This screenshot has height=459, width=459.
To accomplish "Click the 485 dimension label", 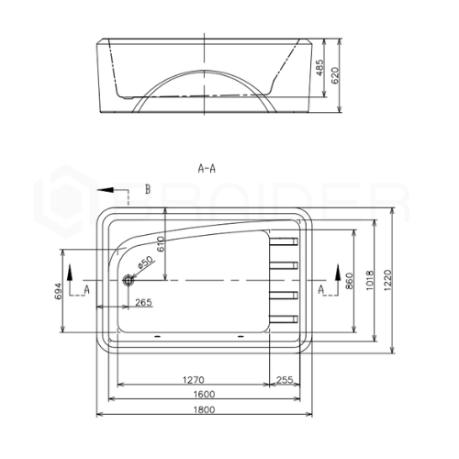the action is pos(319,68).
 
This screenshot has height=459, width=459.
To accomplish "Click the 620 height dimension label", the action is pos(335,75).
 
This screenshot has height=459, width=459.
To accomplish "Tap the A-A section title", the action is pos(207,168).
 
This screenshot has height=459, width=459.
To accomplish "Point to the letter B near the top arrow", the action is pos(148,189).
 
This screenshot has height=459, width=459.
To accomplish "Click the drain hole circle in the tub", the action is pos(129,280).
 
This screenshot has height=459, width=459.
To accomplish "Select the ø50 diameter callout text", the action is pos(145,263).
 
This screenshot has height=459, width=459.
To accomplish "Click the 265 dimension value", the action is pos(143,302).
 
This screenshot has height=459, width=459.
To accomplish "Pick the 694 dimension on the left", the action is pos(58,291).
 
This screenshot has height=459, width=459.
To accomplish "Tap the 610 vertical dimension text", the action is pos(161,244).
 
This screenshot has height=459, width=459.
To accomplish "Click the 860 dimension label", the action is pos(349,281).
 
